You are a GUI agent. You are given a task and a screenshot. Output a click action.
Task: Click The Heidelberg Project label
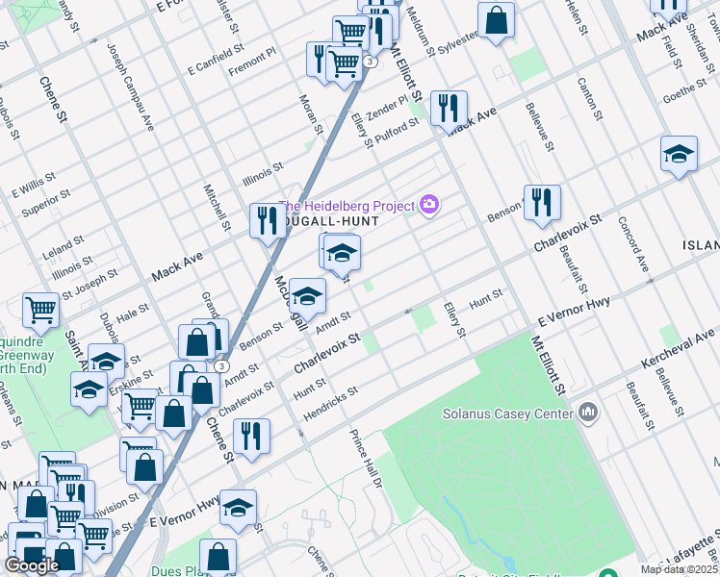coord(347,205)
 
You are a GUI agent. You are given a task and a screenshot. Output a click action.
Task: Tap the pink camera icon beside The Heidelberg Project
coord(428,204)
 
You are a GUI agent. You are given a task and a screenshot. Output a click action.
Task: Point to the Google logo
coord(32,565)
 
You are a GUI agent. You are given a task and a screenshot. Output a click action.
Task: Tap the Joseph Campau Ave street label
coord(130,88)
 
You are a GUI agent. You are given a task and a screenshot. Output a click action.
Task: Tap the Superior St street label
coord(46,204)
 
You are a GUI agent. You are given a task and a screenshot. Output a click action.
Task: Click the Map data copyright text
coord(680,569)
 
